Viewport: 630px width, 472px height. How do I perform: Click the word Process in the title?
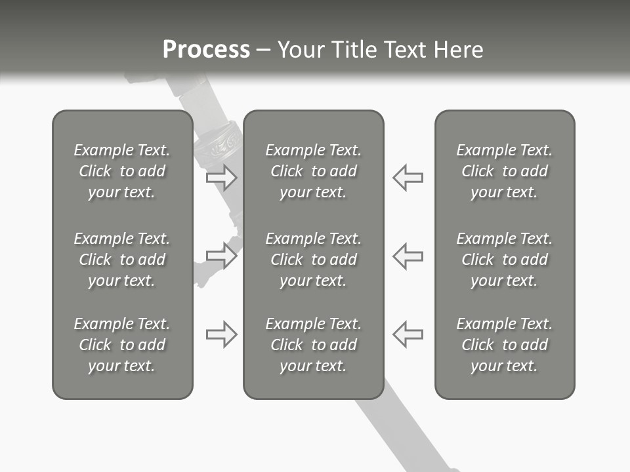coord(206,50)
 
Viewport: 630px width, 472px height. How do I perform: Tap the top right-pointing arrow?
coord(221,177)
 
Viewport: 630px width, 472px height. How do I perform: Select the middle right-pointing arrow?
coord(221,256)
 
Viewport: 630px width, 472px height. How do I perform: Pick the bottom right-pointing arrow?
coord(221,334)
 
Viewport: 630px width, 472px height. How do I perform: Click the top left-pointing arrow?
coord(408,177)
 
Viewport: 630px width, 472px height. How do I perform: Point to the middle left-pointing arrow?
coord(408,256)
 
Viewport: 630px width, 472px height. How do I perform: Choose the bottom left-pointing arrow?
coord(408,334)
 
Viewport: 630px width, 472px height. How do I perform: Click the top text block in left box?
coord(122,171)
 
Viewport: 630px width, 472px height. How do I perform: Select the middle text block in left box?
coord(122,260)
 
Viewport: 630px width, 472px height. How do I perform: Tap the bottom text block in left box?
coord(122,345)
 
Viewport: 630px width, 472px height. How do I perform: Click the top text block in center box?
coord(313,171)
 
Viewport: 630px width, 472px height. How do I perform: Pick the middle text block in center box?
coord(313,260)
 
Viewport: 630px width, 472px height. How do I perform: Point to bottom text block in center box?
coord(313,345)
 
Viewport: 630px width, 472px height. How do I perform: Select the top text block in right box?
coord(504,171)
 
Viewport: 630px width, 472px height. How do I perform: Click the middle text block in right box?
coord(504,260)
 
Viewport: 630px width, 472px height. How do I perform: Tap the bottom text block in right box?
coord(504,345)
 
